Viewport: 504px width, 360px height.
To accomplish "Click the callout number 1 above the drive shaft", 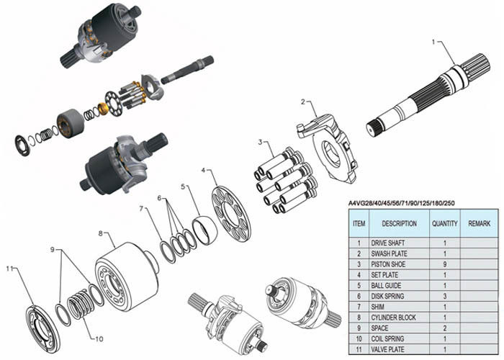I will (x=433, y=42).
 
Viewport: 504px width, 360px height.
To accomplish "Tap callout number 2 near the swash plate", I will (x=304, y=102).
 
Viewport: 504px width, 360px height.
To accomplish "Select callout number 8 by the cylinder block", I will (x=101, y=233).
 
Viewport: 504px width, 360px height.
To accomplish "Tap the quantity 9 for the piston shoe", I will (x=444, y=264).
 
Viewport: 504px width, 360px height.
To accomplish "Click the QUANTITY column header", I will (x=444, y=224).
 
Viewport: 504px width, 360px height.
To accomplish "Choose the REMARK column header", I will (x=479, y=224).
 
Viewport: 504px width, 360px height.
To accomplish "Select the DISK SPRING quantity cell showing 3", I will (x=444, y=296).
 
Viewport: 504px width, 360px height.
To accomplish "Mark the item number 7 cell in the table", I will (x=359, y=307).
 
